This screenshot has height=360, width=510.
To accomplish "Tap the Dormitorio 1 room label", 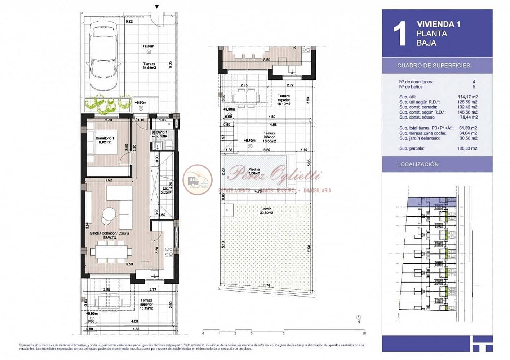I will coord(105,140).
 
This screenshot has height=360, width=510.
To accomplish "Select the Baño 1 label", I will coord(162,134).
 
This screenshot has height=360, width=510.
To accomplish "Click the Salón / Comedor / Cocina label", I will coord(109,235).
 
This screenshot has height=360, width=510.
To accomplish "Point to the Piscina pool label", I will coord(254,171).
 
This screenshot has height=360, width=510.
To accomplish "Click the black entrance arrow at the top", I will coord(156,6).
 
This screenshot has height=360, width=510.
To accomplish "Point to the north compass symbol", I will coord(359,317).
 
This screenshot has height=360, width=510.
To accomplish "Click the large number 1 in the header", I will coord(399,34).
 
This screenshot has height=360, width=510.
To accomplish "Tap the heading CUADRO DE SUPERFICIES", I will coord(434,66).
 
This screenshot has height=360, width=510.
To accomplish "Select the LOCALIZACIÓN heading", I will coord(418,164).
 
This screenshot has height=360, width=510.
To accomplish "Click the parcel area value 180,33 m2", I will coord(467,148).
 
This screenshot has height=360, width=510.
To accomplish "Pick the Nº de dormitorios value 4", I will coord(474,82).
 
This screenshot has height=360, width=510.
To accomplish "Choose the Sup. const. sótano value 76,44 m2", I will coord(469,117).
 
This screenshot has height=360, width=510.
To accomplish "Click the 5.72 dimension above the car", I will coord(129,22).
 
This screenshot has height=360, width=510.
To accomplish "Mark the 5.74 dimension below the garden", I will coord(266,286).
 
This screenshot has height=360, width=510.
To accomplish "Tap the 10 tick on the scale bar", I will coord(364,333).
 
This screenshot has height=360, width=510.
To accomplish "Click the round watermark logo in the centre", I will coord(198,179).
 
